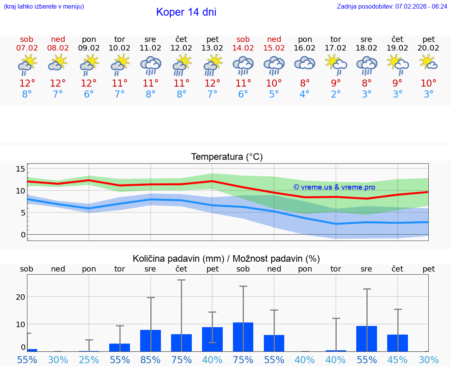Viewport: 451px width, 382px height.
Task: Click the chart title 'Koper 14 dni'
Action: pos(186,12)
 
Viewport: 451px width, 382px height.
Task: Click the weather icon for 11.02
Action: pos(150,65)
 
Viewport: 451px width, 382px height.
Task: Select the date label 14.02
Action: pos(243,48)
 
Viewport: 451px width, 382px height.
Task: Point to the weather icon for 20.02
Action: pos(428,62)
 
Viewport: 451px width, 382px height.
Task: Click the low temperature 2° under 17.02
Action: pos(336,94)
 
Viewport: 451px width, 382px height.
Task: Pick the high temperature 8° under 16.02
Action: pos(305,83)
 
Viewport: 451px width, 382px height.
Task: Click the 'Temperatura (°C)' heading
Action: pos(227,157)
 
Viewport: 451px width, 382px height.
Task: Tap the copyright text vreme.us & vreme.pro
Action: pos(334,187)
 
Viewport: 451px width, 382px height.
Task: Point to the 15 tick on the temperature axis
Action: pos(20,169)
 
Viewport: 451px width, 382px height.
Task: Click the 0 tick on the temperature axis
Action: pos(23,235)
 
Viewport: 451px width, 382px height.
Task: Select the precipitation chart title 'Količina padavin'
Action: pos(226,259)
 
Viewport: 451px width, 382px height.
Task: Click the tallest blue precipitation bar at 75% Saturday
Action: pos(243,337)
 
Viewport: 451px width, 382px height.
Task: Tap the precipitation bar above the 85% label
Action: pos(150,340)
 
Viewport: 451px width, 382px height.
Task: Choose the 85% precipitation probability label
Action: pos(150,360)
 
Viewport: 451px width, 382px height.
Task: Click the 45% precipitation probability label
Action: pos(397,360)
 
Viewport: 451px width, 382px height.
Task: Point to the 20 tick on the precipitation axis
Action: pos(20,297)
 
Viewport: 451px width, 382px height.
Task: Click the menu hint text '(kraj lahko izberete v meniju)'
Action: pos(44,6)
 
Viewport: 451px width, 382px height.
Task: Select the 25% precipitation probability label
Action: pos(89,360)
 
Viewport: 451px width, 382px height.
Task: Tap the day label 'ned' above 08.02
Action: pos(58,40)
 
